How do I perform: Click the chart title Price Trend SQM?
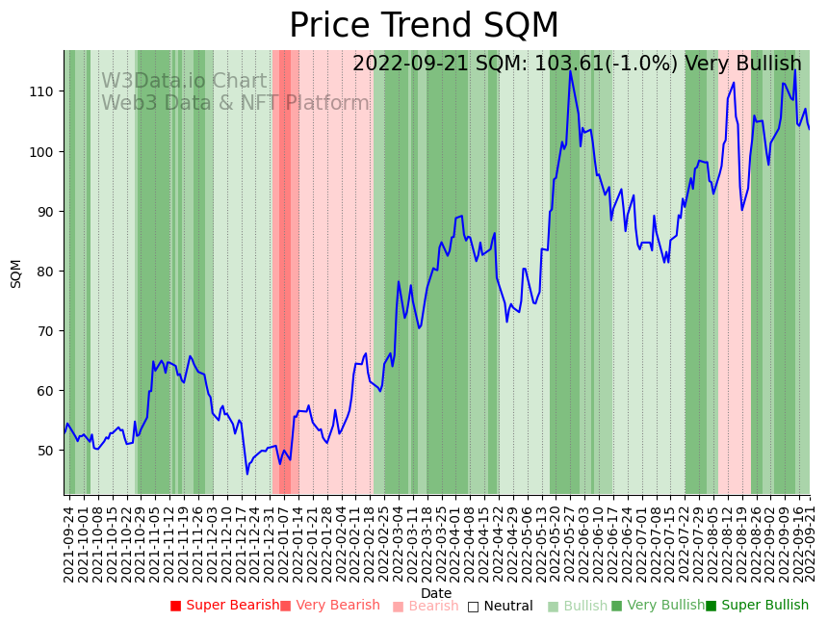pos(424,26)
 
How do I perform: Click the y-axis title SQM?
pos(16,273)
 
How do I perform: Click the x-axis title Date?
pos(436,593)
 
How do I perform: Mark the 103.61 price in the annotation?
pos(585,65)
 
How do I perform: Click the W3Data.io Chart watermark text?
pos(184,82)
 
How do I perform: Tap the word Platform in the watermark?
pos(327,104)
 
